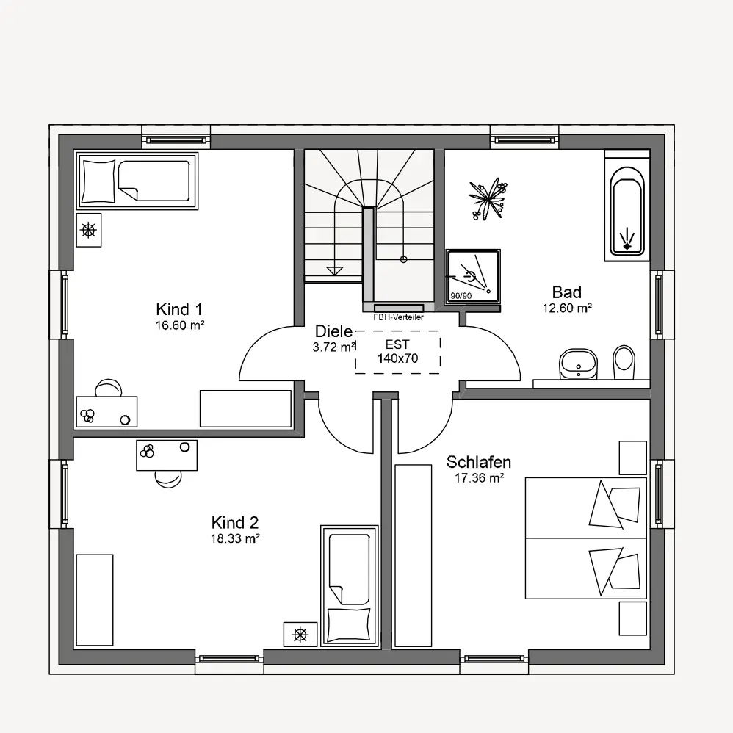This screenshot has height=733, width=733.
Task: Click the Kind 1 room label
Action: [179, 309]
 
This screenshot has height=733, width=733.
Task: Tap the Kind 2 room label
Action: [235, 522]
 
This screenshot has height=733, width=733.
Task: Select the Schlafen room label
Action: [479, 462]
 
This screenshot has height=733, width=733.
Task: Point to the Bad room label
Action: [566, 292]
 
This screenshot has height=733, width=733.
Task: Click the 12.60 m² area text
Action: [567, 308]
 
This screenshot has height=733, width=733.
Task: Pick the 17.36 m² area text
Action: [479, 477]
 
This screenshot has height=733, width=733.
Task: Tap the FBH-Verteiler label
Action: [398, 317]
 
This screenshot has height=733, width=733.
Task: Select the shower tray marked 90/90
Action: [473, 276]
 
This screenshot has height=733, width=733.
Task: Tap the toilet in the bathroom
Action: [624, 362]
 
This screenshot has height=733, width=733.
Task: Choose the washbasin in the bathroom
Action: [578, 364]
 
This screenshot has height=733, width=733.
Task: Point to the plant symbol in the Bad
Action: [488, 199]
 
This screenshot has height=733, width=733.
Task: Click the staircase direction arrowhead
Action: [335, 271]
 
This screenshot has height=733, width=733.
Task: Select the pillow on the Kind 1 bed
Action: [98, 181]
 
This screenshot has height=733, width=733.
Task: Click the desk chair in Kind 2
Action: [168, 479]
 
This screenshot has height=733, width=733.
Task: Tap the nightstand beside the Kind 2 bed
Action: [300, 635]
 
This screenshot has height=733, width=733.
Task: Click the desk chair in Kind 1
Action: [109, 388]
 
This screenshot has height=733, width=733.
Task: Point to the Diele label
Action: [333, 331]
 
